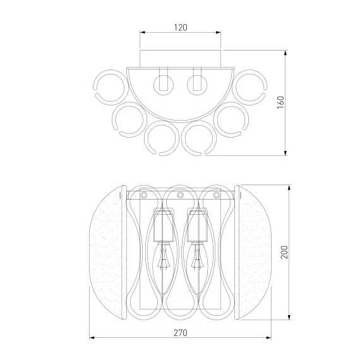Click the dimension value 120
[181, 28]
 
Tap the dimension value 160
[280, 102]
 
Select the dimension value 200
[284, 252]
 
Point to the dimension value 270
[181, 333]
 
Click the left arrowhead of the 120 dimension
[143, 32]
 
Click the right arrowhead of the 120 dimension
[218, 32]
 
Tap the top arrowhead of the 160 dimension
[285, 53]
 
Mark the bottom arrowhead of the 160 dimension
[285, 153]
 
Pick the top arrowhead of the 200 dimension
[289, 188]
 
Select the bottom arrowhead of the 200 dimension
[289, 317]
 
